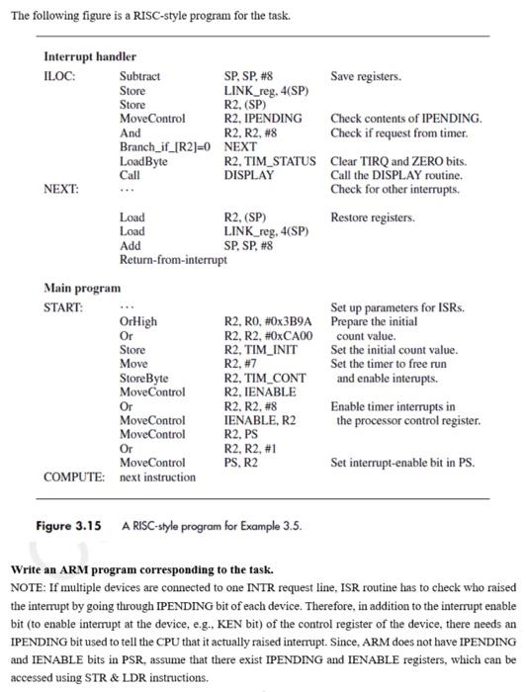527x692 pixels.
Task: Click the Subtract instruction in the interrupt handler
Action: (139, 76)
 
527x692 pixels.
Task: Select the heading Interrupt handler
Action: (90, 56)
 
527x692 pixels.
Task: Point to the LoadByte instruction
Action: (143, 161)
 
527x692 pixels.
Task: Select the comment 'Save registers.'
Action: (366, 76)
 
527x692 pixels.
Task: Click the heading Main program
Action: (83, 288)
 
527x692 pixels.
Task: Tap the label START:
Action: (64, 307)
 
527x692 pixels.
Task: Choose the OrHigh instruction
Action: (138, 321)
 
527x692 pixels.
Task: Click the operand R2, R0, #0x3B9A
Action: (268, 321)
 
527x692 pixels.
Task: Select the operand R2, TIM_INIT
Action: (260, 350)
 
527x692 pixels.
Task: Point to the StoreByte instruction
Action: (143, 378)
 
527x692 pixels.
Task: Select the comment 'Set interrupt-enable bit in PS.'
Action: (402, 463)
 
